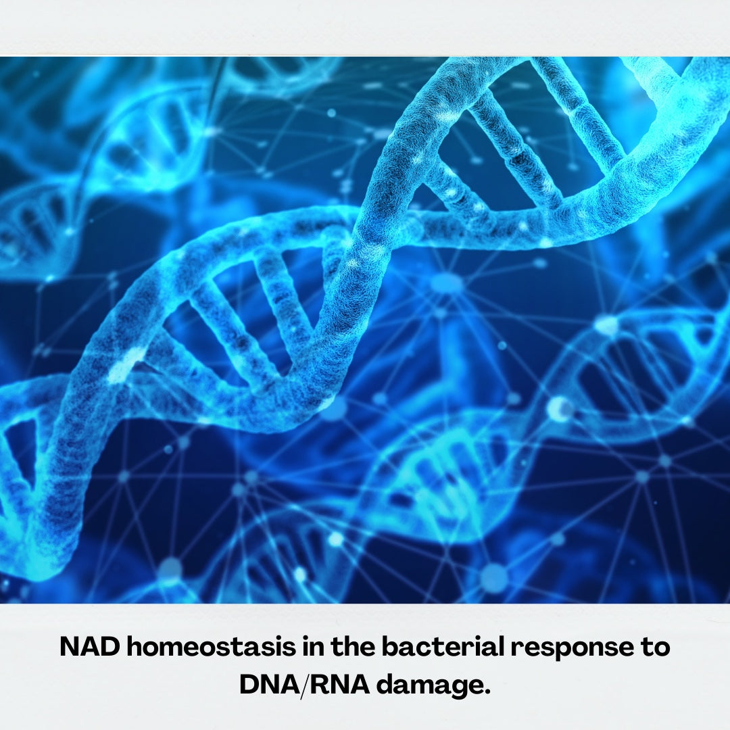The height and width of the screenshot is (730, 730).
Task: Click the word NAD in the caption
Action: (x=90, y=646)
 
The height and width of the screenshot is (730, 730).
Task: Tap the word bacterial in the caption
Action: (x=443, y=646)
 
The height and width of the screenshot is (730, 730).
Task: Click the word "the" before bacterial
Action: (x=353, y=646)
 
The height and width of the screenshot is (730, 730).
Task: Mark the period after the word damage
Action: (x=487, y=691)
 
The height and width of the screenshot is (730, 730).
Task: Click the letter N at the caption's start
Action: (x=70, y=646)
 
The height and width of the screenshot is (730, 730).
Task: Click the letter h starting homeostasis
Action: (x=136, y=646)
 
